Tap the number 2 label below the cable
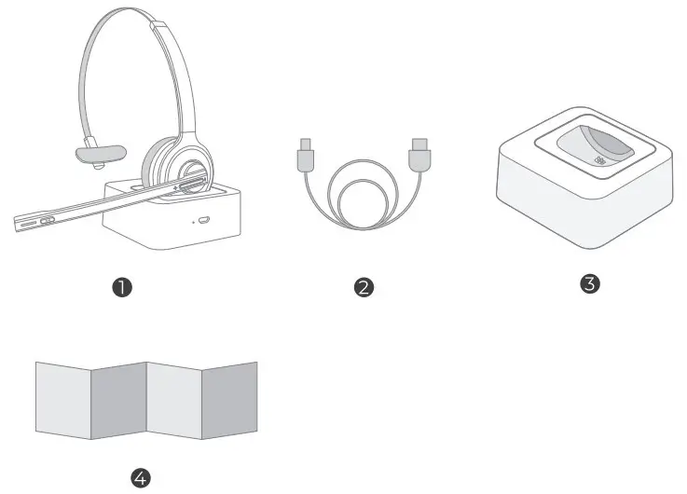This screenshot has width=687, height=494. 364,287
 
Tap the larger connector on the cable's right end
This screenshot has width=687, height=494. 419,155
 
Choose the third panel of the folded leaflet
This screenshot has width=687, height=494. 174,398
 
